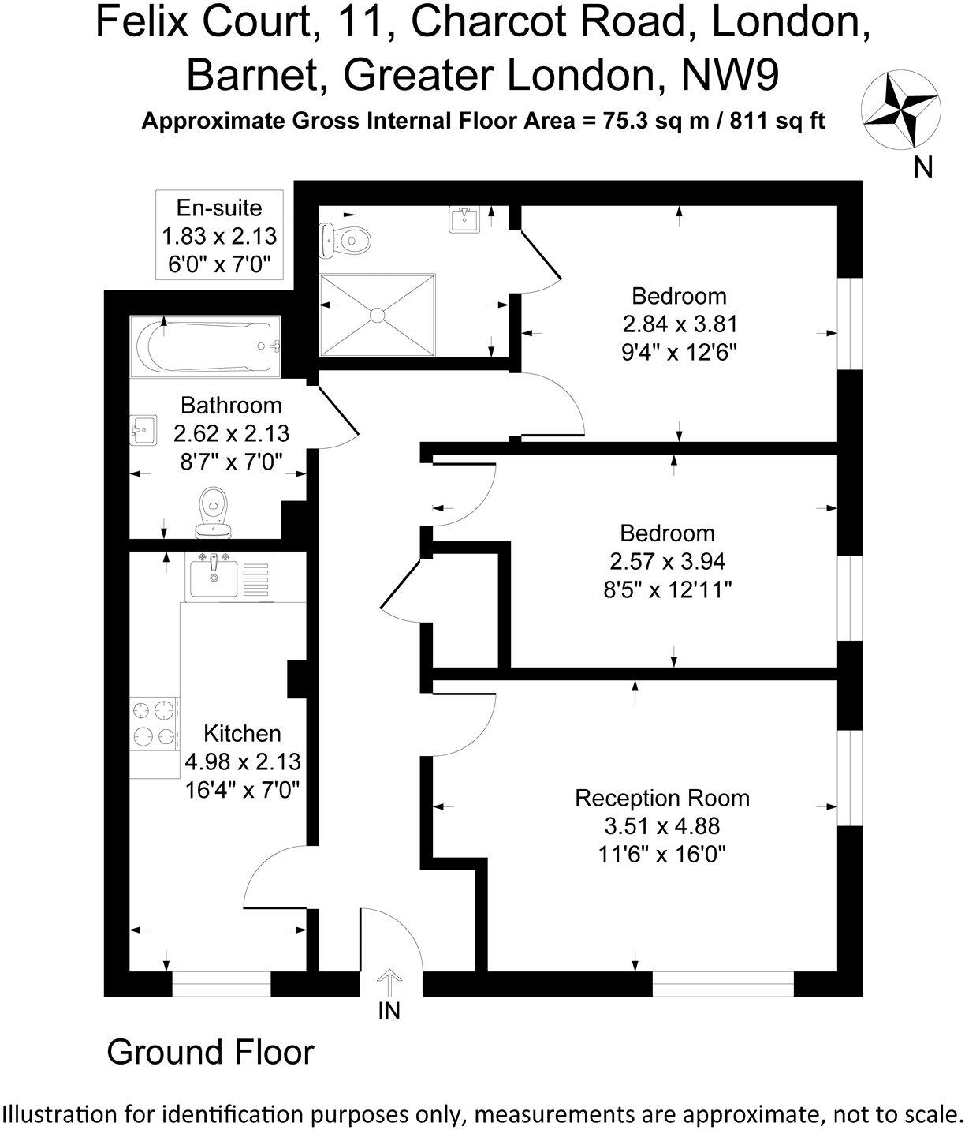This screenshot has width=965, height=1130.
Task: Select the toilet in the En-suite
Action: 346,238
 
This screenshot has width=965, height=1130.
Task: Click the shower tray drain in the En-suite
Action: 377,315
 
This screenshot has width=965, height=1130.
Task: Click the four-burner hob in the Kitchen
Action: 154,724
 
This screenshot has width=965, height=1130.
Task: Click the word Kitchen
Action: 242,733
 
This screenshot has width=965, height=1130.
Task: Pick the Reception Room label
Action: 661,798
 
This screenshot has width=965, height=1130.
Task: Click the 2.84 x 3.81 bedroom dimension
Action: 679,324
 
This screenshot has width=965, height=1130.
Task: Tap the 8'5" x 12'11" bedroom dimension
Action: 667,589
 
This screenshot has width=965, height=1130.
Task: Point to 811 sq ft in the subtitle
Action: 777,122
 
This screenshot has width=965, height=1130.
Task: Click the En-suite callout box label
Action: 219,208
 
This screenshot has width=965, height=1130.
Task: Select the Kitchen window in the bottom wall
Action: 222,984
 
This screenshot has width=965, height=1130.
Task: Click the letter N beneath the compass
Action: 923,167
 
